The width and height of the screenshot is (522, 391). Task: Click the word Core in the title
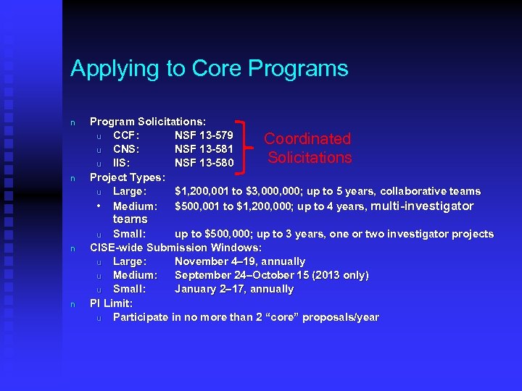point(217,69)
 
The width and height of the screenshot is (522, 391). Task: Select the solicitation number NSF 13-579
point(204,135)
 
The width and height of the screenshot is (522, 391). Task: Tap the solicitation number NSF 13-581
point(204,149)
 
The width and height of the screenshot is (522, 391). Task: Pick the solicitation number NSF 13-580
point(204,163)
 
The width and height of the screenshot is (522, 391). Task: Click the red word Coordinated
point(307,138)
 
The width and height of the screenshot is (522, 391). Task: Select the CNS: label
point(128,149)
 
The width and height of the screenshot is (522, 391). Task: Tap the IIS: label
point(122,163)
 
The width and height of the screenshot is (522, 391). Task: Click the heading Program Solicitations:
point(147,122)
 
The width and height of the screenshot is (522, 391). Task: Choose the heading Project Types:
point(128,177)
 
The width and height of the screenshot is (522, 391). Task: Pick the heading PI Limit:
point(111,303)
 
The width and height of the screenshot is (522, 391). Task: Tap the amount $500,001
point(197,206)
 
